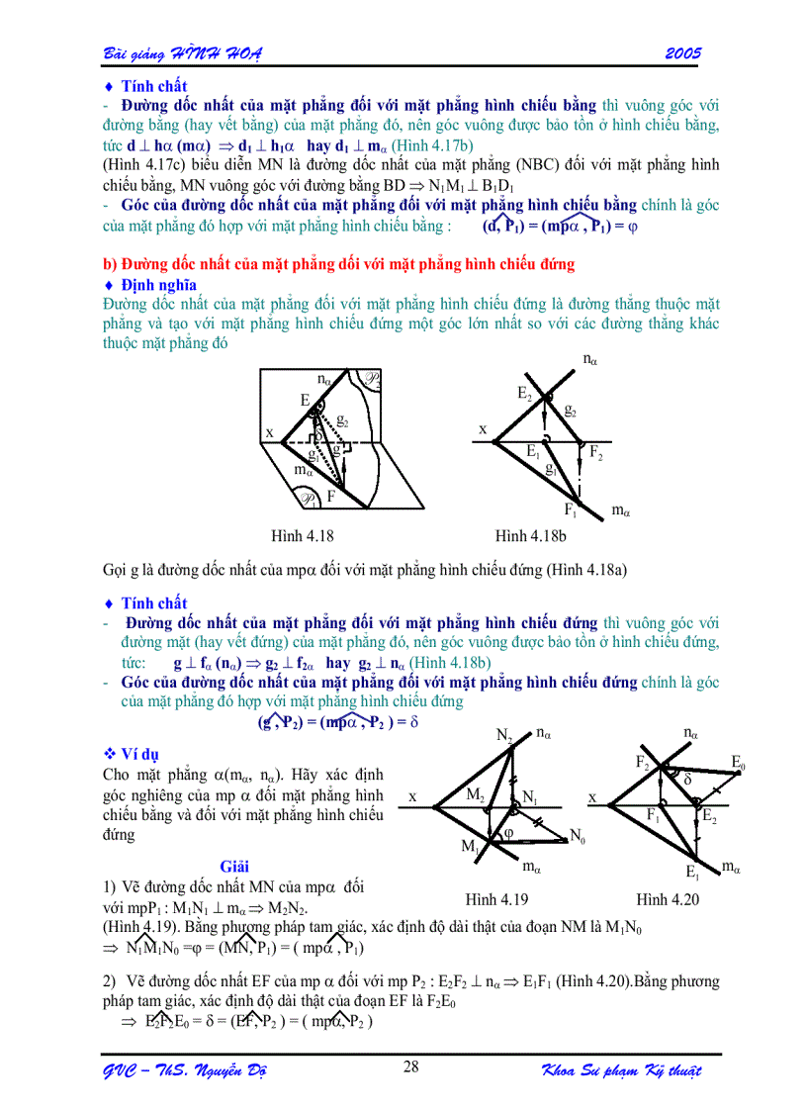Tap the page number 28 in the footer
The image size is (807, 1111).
[411, 1065]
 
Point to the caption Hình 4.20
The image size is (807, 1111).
[667, 899]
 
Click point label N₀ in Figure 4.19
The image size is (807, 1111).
[578, 837]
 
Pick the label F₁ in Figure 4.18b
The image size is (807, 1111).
[572, 510]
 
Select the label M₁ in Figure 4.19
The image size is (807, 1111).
[470, 847]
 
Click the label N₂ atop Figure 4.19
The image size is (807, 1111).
[504, 735]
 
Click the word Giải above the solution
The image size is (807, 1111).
[235, 867]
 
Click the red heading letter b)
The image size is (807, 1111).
[110, 264]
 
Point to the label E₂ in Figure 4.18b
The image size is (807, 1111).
[525, 393]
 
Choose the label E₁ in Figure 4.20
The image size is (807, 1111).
[692, 872]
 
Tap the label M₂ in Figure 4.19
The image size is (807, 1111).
[475, 794]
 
